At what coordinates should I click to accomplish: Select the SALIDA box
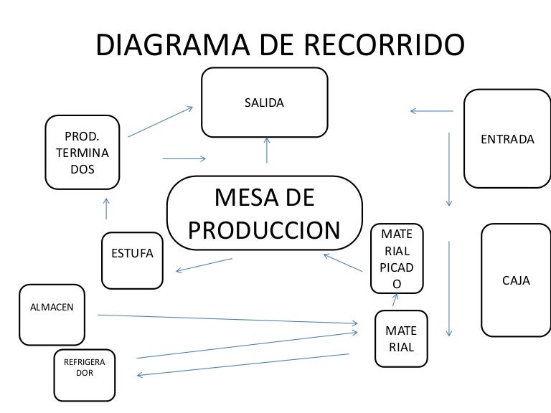point(265,102)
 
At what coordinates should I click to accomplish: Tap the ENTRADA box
point(507,138)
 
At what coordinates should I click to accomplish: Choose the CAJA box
point(515,280)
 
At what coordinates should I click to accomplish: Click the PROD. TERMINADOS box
point(82,153)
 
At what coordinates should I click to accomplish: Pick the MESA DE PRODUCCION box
point(264,213)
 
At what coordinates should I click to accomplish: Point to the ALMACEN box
point(52,314)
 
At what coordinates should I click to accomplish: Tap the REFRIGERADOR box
point(85,374)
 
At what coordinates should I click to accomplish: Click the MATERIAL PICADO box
point(397,259)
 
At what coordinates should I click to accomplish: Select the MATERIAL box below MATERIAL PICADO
point(400,339)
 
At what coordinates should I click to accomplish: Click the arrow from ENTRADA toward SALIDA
point(431,110)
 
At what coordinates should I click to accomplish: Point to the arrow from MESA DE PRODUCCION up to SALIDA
point(267,150)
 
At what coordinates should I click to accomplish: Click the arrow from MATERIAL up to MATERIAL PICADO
point(395,301)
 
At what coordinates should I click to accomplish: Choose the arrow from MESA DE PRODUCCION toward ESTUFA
point(204,265)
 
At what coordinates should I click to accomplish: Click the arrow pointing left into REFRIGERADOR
point(244,365)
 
